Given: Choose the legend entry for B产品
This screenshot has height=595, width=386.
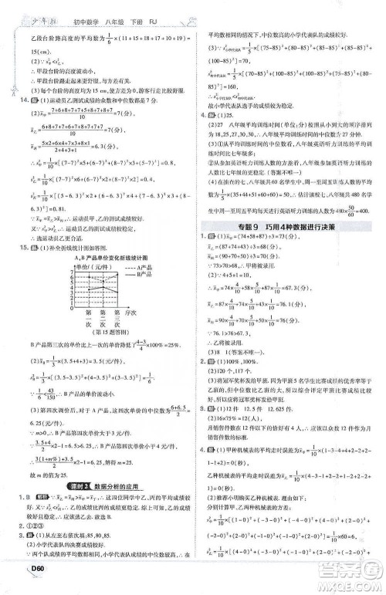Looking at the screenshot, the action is [127, 273].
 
